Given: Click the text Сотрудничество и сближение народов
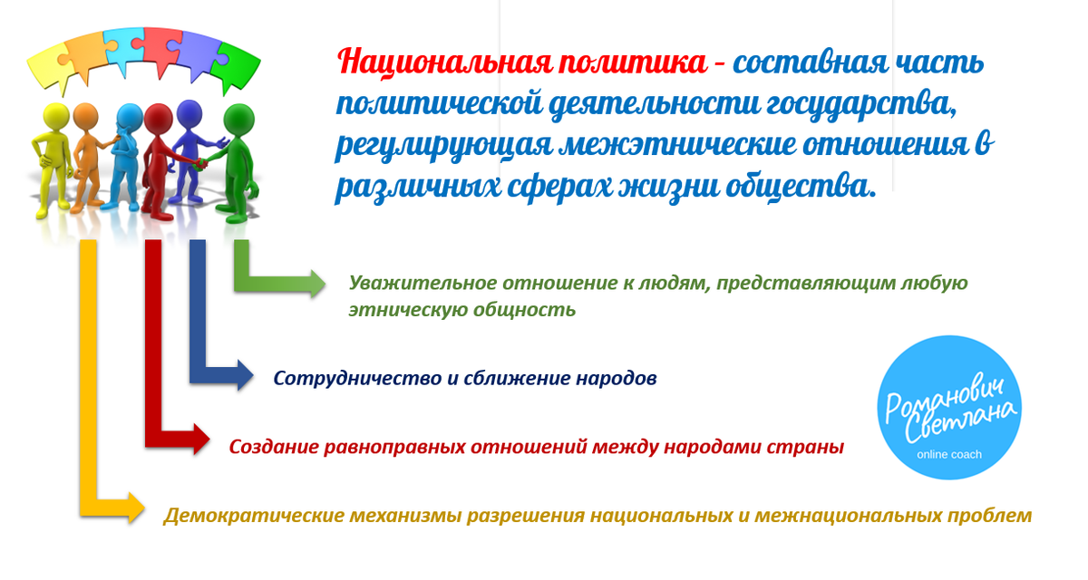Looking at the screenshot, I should tap(465, 378).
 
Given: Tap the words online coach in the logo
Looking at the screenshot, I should tap(949, 454).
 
